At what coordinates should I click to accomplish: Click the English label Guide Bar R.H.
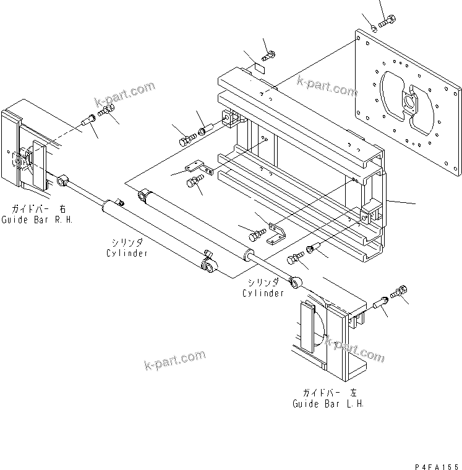37,220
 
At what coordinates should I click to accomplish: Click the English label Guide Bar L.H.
328,404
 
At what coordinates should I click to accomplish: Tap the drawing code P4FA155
437,467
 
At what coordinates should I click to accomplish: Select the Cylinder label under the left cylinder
127,254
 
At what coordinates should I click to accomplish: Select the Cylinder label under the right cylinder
263,293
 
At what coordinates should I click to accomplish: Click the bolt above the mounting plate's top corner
387,21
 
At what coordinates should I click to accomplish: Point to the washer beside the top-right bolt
374,29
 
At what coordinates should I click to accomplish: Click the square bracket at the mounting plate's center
409,103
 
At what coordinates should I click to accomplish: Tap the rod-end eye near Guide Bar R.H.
62,181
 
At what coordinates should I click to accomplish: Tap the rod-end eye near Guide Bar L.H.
296,282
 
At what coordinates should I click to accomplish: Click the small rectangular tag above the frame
260,69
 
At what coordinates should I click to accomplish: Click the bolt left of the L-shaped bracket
257,235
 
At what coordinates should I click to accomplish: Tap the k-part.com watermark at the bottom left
175,360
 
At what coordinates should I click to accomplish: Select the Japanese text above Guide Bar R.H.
38,208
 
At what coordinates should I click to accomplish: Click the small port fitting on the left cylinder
121,203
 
